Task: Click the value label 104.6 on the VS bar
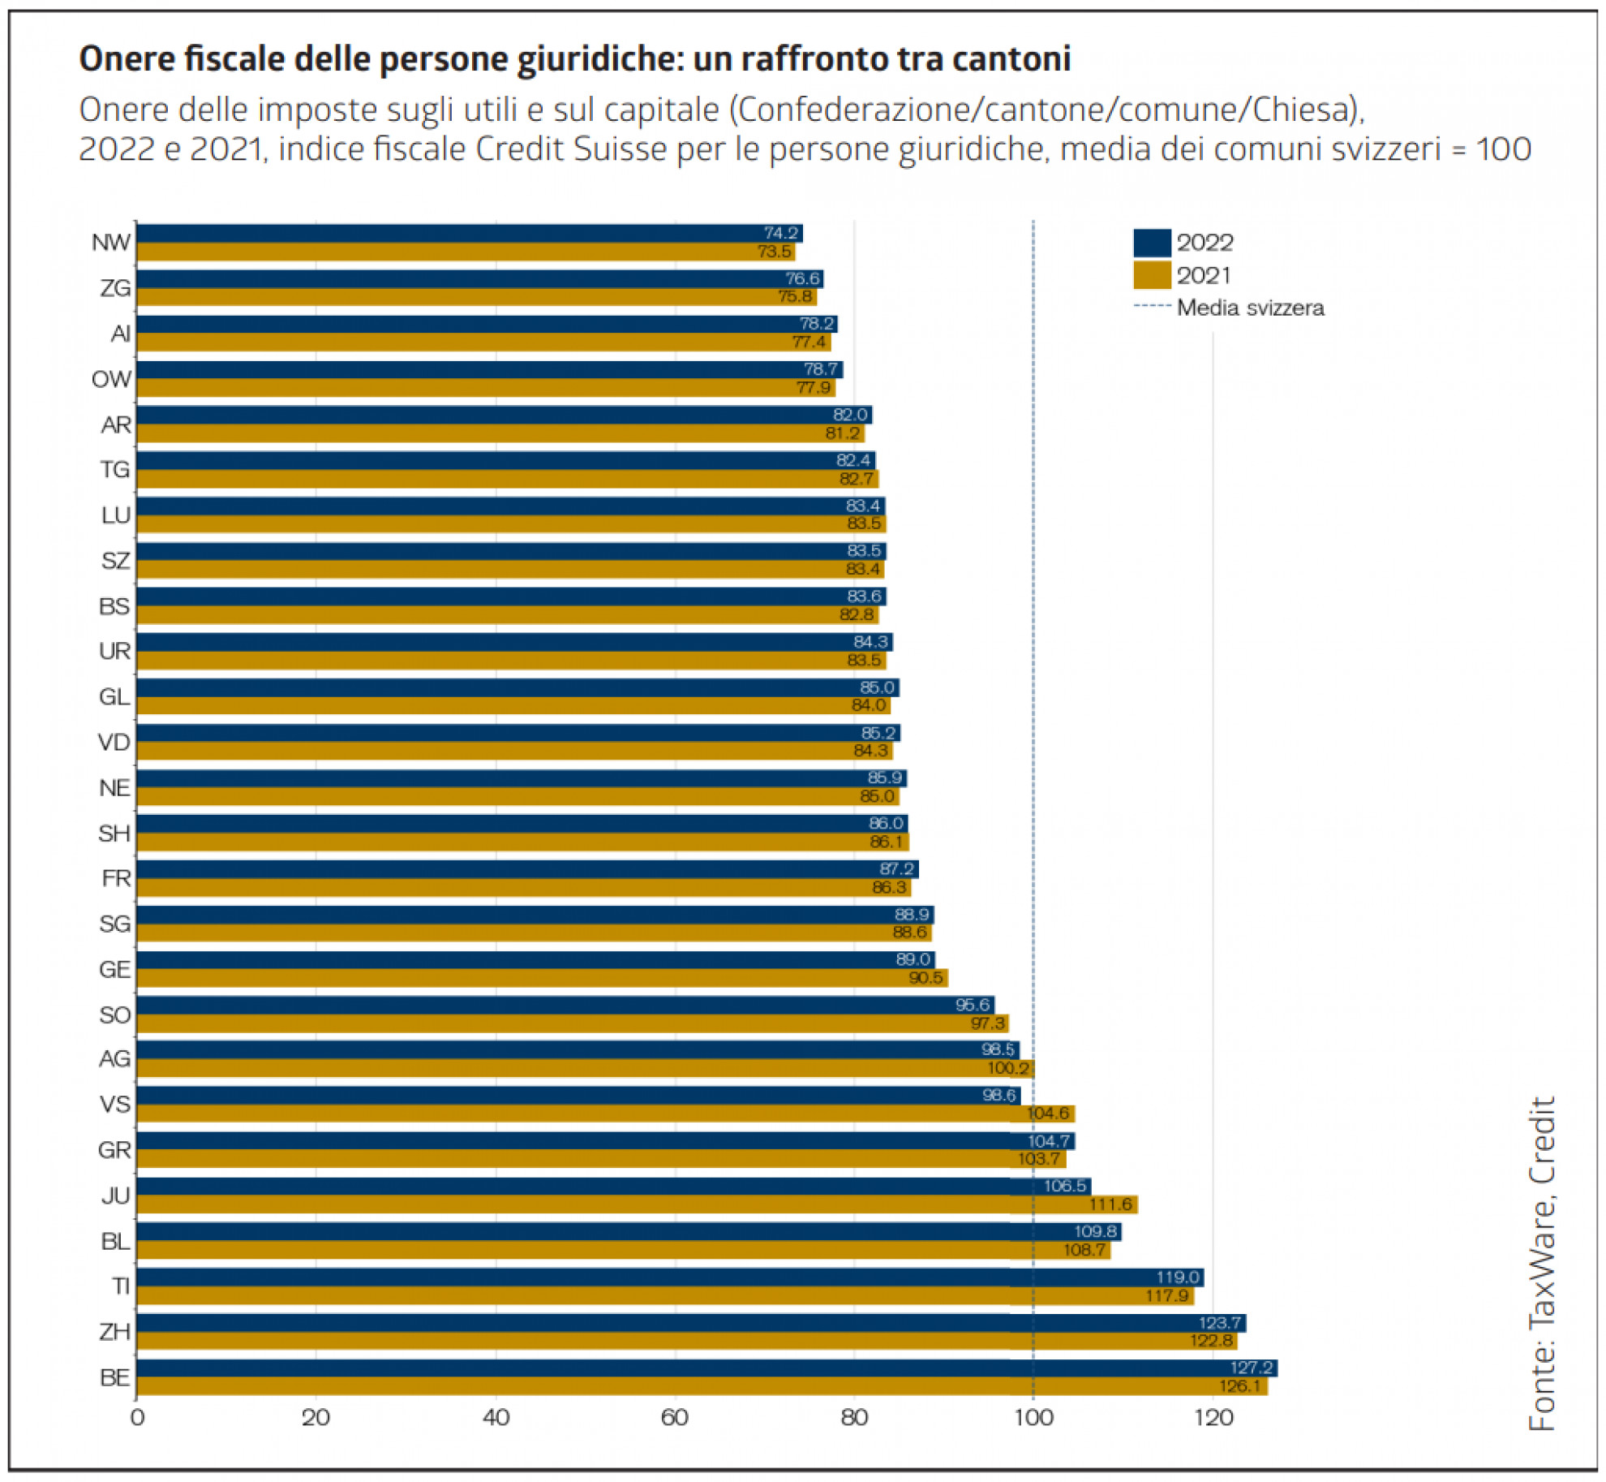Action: [x=1048, y=1114]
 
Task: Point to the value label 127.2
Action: [x=1252, y=1368]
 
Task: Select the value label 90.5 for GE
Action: [x=925, y=977]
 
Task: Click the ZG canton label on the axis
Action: [x=115, y=288]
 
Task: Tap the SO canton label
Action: [x=114, y=1015]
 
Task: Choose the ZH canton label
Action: [x=114, y=1332]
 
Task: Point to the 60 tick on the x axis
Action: [x=674, y=1418]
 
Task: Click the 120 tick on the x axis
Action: [x=1213, y=1418]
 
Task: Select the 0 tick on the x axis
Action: [x=137, y=1418]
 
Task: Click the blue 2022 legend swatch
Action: [x=1152, y=243]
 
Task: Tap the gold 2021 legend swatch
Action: [x=1152, y=275]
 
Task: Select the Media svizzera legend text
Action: [x=1250, y=308]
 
